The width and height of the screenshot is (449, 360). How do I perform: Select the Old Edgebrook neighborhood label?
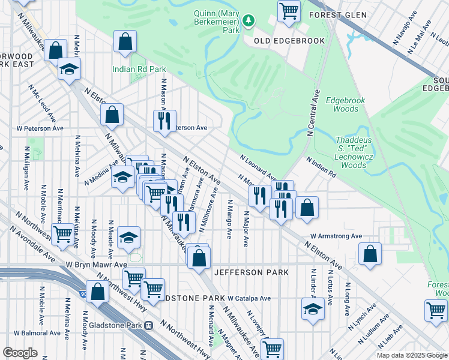[289, 41]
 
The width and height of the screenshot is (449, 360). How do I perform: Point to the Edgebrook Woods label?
[342, 105]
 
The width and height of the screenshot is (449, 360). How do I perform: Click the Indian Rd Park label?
[139, 69]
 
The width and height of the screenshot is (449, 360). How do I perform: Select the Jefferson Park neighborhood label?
[256, 272]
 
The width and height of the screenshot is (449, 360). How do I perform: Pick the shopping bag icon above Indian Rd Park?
[125, 41]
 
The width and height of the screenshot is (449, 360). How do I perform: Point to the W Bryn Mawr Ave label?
[97, 264]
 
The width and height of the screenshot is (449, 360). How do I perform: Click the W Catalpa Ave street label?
[249, 298]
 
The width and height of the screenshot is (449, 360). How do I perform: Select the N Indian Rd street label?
[321, 167]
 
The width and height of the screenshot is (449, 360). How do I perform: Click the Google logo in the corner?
[20, 353]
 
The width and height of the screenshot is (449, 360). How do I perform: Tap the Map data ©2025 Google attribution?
[411, 355]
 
